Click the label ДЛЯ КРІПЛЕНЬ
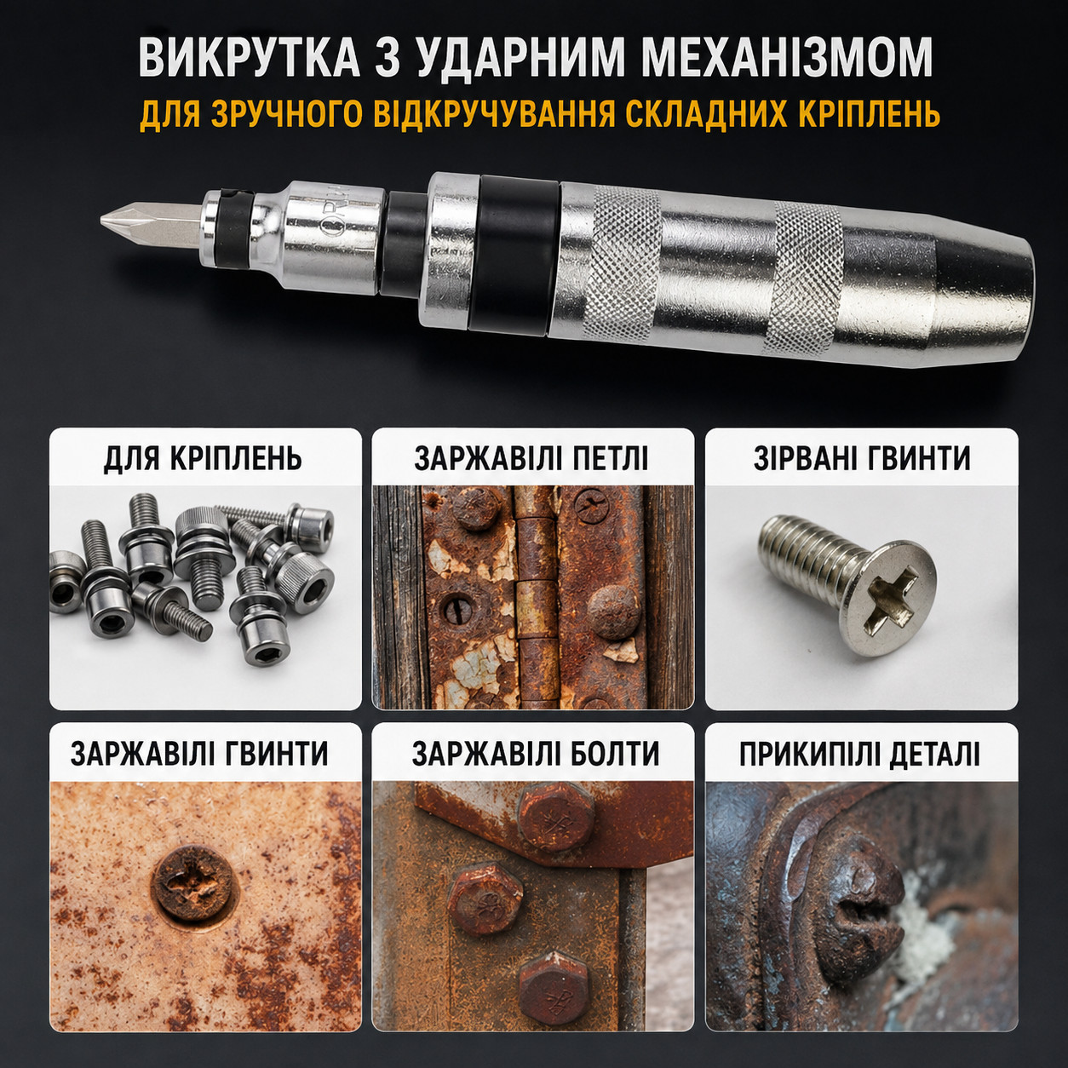pos(203,459)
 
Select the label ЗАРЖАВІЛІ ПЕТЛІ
pos(531,459)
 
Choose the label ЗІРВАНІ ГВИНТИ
pos(862,458)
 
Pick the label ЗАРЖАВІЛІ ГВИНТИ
pos(199,753)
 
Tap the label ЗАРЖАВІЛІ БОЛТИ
pos(536,753)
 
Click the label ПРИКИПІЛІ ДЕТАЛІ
pos(859,753)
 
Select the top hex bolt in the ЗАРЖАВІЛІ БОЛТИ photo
pos(555,820)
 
